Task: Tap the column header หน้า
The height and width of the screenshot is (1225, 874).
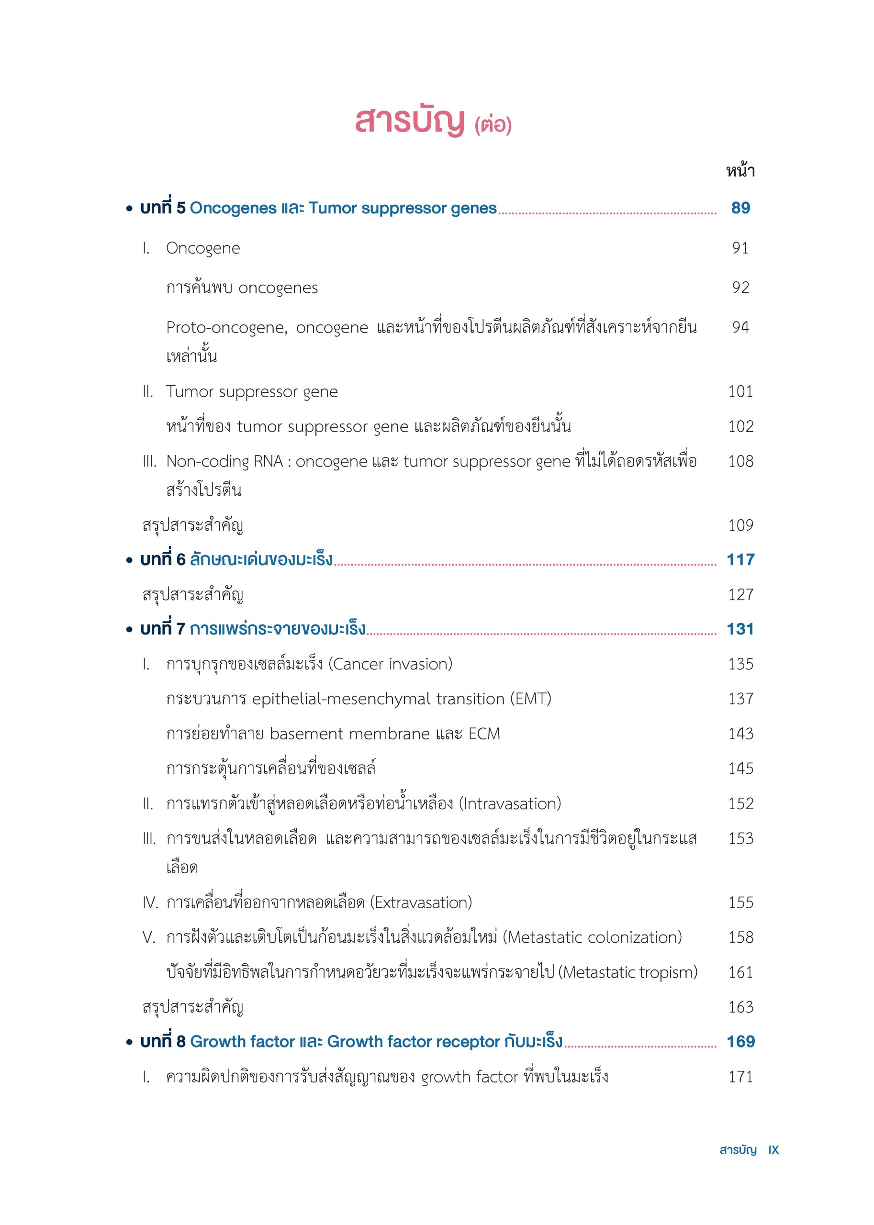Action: [740, 171]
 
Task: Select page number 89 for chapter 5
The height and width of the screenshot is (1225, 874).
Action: [740, 208]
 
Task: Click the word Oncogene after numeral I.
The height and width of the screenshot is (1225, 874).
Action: [203, 248]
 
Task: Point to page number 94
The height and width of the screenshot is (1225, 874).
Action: [740, 327]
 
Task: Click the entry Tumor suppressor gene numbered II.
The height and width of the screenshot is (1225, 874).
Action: [252, 391]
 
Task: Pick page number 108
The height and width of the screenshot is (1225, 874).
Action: [740, 461]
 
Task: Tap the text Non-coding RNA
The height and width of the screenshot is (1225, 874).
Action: [224, 461]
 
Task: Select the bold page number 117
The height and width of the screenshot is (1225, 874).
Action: [740, 559]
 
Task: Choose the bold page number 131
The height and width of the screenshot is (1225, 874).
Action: [740, 629]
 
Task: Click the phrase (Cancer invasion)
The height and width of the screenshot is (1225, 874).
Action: [390, 664]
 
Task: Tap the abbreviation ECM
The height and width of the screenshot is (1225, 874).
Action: [484, 734]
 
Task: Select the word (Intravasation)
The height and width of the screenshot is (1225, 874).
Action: [510, 804]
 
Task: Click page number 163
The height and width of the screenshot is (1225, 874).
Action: [740, 1007]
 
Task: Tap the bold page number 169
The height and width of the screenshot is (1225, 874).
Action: [740, 1042]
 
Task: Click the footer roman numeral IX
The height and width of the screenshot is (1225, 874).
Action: [773, 1150]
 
